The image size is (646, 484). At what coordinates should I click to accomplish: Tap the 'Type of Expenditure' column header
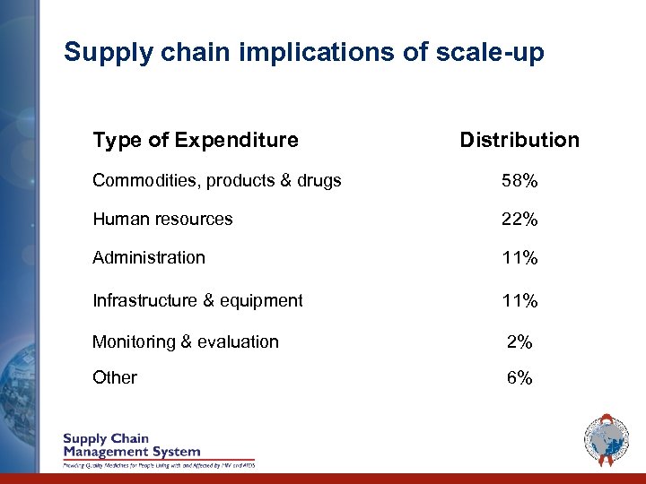[x=196, y=140]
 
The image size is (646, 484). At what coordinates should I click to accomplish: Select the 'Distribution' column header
[x=519, y=140]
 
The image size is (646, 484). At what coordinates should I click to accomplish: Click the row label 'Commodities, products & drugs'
[x=217, y=181]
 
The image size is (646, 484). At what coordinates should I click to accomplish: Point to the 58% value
[x=520, y=181]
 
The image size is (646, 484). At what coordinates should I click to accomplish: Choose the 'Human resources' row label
[x=162, y=219]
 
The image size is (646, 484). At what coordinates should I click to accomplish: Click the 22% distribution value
[x=520, y=220]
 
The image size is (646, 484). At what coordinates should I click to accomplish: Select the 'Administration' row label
[x=149, y=257]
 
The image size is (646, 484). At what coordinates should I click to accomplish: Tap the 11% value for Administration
[x=520, y=258]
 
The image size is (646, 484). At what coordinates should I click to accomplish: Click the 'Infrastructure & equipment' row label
[x=197, y=300]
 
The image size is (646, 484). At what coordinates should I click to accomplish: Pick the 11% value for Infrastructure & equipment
[x=520, y=301]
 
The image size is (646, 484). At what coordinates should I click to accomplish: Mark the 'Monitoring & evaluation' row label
[x=186, y=341]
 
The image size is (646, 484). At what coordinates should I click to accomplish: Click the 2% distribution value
[x=520, y=341]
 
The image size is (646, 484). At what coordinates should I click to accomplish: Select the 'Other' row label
[x=115, y=377]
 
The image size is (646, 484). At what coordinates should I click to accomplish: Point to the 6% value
[x=520, y=378]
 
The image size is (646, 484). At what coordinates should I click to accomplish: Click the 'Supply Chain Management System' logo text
[x=131, y=445]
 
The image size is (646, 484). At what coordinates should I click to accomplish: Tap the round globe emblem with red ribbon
[x=606, y=441]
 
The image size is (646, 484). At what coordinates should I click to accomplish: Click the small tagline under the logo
[x=158, y=464]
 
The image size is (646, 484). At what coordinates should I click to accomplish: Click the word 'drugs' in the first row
[x=320, y=181]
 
